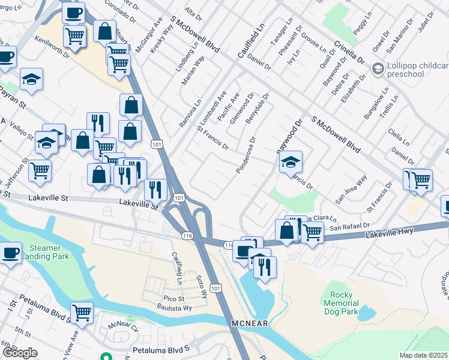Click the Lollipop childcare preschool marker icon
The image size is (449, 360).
(378, 68)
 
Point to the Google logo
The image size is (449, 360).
(20, 353)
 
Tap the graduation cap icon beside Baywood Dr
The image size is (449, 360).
(291, 161)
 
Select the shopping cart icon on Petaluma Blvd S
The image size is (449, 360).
(82, 312)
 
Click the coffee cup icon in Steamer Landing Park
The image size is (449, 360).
(10, 252)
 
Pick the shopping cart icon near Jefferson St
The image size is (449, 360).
(40, 170)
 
